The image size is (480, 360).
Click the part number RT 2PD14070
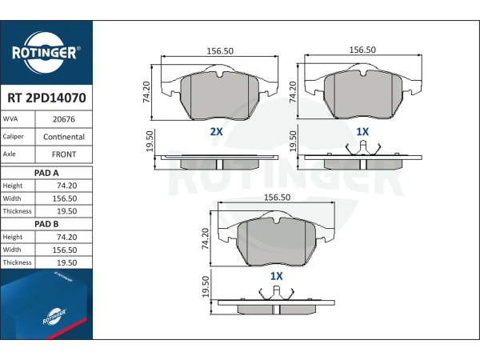[46, 98]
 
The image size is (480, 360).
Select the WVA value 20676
[64, 119]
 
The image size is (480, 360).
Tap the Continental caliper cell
[64, 137]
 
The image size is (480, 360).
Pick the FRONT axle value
[64, 154]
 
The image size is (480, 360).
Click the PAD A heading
[46, 173]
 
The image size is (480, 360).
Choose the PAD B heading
[46, 224]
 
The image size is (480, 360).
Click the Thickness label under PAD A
[17, 211]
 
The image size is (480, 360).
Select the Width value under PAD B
[65, 250]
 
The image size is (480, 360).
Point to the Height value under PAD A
[66, 186]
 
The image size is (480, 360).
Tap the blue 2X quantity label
[216, 132]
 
